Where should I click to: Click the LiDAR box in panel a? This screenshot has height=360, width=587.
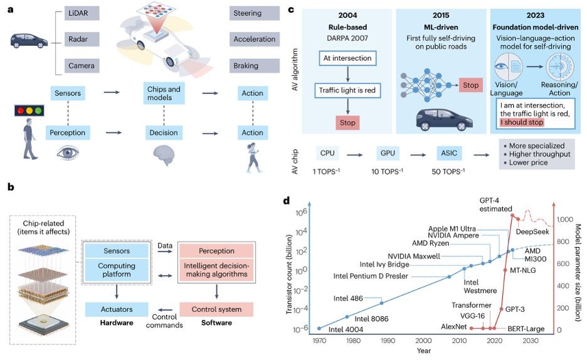click(x=82, y=13)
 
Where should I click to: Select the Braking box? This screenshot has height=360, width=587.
click(x=255, y=65)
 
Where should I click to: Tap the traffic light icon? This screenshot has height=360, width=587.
click(x=29, y=110)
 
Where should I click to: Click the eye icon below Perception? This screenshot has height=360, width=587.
click(x=68, y=152)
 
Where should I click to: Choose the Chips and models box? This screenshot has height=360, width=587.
click(x=164, y=93)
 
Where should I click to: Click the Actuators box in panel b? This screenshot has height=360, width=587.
click(x=117, y=309)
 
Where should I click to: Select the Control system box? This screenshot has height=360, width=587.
click(x=216, y=309)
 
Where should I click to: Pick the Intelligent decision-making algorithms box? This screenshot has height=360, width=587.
click(x=216, y=270)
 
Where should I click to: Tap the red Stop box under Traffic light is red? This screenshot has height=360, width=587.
click(x=347, y=123)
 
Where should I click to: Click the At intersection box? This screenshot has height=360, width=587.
click(x=347, y=58)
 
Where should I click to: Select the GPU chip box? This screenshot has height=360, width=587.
click(x=388, y=153)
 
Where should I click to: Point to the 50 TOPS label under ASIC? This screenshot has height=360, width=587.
click(x=448, y=171)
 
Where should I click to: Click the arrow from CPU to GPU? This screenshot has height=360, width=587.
click(x=354, y=154)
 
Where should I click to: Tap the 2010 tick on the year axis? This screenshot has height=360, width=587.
click(x=459, y=341)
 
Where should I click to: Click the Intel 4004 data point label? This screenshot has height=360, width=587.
click(x=346, y=330)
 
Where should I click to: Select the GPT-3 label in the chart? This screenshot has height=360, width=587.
click(x=515, y=309)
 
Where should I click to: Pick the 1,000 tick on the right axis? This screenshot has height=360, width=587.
click(x=564, y=220)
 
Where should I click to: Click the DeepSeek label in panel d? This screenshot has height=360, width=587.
click(x=532, y=231)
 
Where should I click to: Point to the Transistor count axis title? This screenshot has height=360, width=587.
click(x=288, y=274)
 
